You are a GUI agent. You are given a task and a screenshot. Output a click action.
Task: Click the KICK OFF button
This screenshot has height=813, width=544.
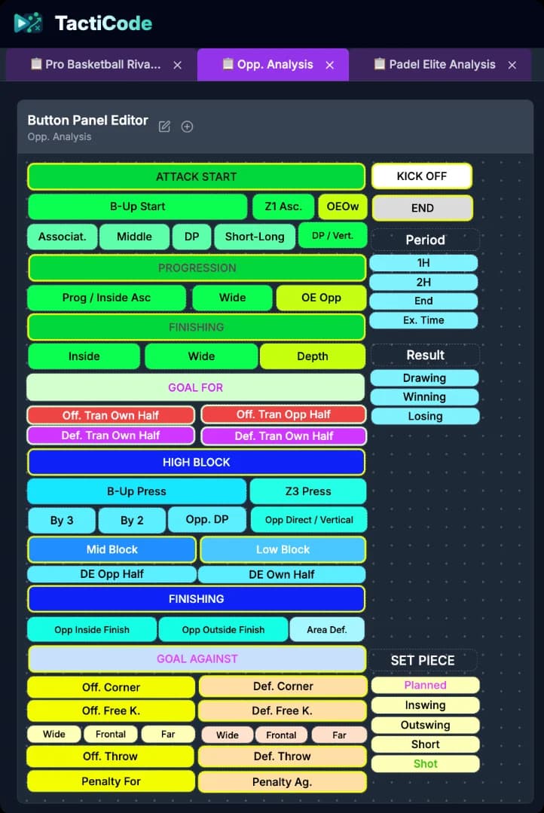pyautogui.click(x=421, y=176)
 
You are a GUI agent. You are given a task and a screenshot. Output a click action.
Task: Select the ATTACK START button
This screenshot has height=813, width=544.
pyautogui.click(x=196, y=177)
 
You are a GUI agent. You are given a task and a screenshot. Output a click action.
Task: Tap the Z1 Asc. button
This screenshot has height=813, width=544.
pyautogui.click(x=283, y=206)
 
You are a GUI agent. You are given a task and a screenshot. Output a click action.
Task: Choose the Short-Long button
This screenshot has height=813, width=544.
pyautogui.click(x=255, y=237)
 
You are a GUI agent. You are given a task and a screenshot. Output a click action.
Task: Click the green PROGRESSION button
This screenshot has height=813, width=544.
pyautogui.click(x=196, y=267)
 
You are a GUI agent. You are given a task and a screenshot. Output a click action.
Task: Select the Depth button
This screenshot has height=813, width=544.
pyautogui.click(x=312, y=356)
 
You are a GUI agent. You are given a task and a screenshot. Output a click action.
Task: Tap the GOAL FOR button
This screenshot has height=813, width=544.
pyautogui.click(x=195, y=387)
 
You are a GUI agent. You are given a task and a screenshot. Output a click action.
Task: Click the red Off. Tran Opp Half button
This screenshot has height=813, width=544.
pyautogui.click(x=283, y=414)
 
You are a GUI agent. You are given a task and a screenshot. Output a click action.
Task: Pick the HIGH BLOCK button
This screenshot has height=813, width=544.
pyautogui.click(x=196, y=462)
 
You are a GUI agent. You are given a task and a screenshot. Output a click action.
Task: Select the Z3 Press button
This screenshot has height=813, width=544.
pyautogui.click(x=307, y=491)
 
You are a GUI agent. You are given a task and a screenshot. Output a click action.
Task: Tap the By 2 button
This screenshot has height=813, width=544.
pyautogui.click(x=132, y=520)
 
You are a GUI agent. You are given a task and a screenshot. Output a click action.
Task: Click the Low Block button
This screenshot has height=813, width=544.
pyautogui.click(x=283, y=549)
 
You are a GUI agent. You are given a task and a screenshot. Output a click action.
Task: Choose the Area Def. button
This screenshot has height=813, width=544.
pyautogui.click(x=328, y=629)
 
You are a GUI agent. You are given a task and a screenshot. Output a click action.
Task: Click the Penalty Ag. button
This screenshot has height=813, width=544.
pyautogui.click(x=282, y=781)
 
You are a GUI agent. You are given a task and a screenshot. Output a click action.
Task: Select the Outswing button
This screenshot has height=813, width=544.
pyautogui.click(x=425, y=725)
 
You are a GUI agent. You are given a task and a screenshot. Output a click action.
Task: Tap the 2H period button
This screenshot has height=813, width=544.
pyautogui.click(x=423, y=282)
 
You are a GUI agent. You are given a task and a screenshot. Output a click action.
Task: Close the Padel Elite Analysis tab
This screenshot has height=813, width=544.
pyautogui.click(x=512, y=65)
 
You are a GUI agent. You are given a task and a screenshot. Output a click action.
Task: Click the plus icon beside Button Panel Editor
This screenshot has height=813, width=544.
pyautogui.click(x=187, y=127)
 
